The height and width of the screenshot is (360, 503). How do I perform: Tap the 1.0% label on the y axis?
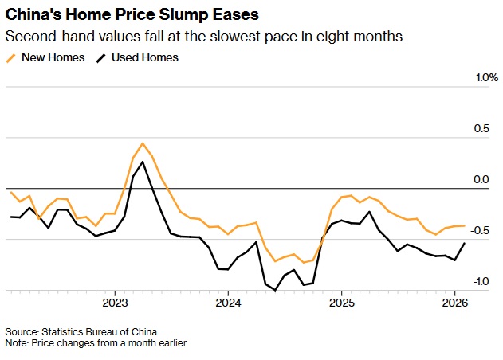click(x=486, y=78)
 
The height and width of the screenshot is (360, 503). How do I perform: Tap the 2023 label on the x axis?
click(x=115, y=303)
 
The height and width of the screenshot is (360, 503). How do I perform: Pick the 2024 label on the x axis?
click(x=228, y=303)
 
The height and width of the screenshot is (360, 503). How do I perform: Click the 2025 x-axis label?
click(x=341, y=303)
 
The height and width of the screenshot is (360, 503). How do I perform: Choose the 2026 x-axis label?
click(x=454, y=303)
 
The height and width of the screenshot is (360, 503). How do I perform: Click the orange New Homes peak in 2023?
click(x=143, y=143)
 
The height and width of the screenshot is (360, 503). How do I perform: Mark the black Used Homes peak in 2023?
click(x=143, y=162)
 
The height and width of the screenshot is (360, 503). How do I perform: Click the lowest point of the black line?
click(x=276, y=290)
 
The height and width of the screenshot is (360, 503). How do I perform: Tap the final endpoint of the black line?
click(x=465, y=244)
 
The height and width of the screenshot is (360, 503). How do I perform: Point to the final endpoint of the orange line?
click(x=465, y=225)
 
